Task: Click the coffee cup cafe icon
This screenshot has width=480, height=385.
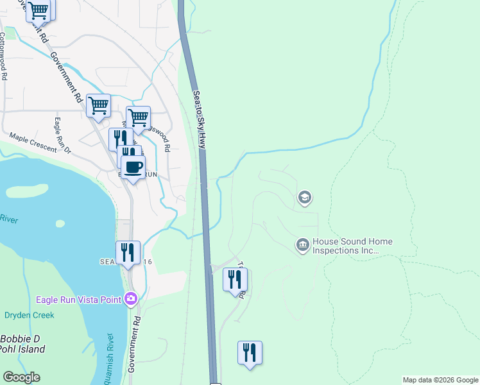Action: [x=133, y=168]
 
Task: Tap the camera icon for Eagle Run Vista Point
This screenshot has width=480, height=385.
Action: [x=132, y=298]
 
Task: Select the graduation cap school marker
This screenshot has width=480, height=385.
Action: [x=305, y=198]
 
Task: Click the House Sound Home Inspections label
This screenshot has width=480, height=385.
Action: [x=352, y=246]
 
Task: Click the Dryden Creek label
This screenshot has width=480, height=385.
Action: [x=30, y=315]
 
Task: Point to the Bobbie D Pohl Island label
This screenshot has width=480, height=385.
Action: [x=22, y=344]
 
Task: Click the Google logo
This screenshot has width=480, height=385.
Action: [x=21, y=377]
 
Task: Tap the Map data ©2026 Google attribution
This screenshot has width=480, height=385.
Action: [x=440, y=380]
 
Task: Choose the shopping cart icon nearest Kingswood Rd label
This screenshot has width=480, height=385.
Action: [x=138, y=118]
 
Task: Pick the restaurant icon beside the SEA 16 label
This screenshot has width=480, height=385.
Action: [x=128, y=252]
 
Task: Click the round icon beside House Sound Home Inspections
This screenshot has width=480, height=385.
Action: [x=302, y=244]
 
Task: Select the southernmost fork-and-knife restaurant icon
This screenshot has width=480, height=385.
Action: [x=250, y=352]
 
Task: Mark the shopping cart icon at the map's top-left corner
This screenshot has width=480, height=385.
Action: [x=39, y=10]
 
